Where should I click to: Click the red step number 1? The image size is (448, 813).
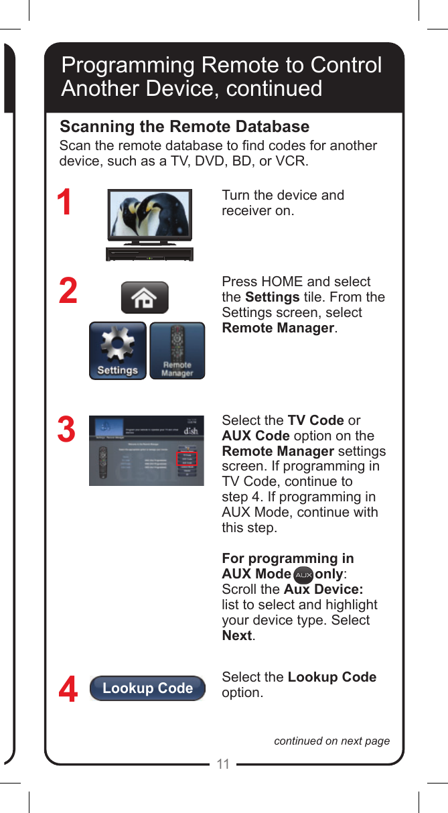[64, 203]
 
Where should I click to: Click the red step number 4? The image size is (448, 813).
[68, 690]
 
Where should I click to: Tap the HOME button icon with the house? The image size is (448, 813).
[145, 298]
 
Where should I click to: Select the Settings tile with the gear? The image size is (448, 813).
[118, 351]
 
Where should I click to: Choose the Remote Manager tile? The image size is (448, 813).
[177, 351]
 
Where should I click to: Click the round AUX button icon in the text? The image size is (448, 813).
[303, 575]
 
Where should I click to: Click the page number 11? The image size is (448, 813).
[223, 764]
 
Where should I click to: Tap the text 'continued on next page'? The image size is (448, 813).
[331, 741]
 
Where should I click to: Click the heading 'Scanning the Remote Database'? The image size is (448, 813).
[185, 127]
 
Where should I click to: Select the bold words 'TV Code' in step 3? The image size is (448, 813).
[315, 420]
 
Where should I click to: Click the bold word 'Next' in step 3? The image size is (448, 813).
[236, 635]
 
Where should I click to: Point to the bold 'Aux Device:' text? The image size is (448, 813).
[323, 589]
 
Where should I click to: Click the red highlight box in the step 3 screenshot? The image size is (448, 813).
[188, 458]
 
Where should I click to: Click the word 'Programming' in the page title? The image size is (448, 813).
[127, 65]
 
